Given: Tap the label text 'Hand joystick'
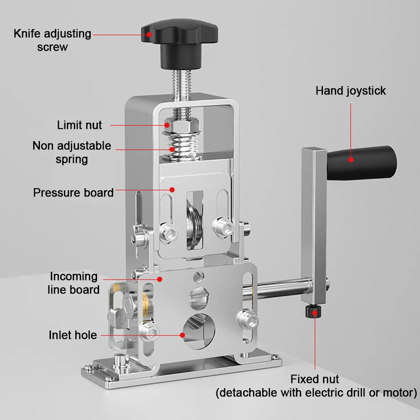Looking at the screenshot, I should coord(351,91).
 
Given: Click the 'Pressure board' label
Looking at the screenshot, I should coord(73,193).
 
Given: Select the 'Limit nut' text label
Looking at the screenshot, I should coord(79,125).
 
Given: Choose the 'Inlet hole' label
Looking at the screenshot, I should coord(73,335).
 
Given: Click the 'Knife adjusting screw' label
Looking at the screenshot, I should coord(52,40).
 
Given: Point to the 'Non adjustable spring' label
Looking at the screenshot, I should coord(72,152).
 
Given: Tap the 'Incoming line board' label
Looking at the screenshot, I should coord(74,283).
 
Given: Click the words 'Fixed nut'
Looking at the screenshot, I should coord(315,379).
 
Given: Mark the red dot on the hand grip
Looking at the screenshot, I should coord(351,159).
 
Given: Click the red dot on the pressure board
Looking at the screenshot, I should coord(172,190).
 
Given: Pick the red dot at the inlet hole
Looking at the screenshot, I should coord(182,335).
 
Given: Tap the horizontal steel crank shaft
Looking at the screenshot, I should coord(277,289).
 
